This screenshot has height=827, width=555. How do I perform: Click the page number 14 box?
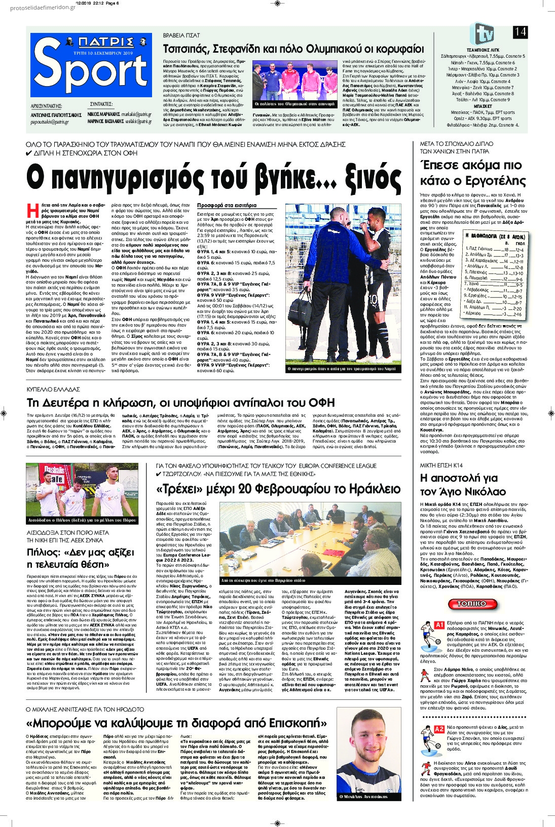[x=520, y=32]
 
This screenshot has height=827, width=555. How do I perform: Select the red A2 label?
[x=439, y=729]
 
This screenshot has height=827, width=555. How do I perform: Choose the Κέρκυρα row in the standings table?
[x=495, y=314]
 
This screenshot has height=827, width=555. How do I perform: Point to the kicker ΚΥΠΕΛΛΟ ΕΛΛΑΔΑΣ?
[x=53, y=389]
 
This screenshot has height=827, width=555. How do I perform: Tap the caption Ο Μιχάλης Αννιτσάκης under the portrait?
[x=363, y=797]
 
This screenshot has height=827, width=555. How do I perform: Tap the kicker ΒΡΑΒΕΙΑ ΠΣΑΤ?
[x=181, y=36]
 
